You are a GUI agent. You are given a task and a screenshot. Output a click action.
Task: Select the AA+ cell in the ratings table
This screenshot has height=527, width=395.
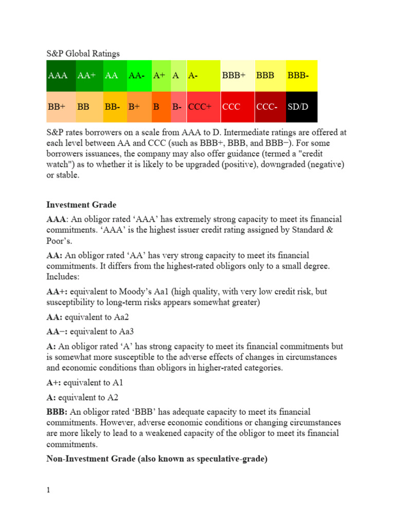coord(89,76)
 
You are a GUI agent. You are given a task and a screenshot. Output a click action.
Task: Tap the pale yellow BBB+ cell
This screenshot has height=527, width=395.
coord(237,76)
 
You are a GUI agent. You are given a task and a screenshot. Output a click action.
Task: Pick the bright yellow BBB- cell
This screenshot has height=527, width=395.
coord(301,76)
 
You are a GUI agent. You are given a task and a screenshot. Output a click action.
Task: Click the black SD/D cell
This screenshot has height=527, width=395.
coord(301,107)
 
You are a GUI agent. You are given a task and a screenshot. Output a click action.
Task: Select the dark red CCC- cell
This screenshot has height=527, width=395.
coord(270,107)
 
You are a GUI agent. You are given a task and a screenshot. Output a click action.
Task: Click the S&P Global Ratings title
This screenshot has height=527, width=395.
coord(83,54)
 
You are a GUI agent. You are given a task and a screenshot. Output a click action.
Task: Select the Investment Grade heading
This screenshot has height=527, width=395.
coord(81,205)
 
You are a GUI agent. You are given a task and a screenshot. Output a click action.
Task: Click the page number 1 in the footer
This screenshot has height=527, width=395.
coord(48,490)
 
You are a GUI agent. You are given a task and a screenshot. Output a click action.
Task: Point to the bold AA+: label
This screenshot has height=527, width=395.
coord(58,291)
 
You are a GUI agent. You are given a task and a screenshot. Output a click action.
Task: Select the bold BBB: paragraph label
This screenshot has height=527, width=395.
coord(58,412)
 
